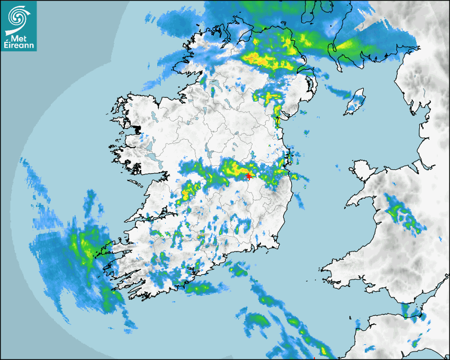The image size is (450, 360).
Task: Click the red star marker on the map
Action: click(x=249, y=176)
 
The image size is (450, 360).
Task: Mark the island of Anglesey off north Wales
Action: click(x=361, y=168)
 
